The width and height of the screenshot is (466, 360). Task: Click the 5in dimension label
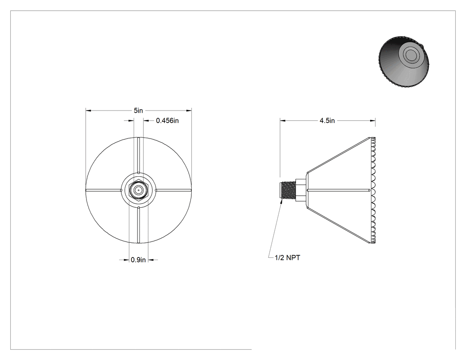click(138, 111)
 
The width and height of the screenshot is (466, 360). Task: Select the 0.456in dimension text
click(167, 120)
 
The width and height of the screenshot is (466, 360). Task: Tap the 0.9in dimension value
click(138, 260)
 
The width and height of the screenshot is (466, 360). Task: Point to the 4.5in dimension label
click(327, 120)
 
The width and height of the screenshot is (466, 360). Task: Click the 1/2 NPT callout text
click(288, 258)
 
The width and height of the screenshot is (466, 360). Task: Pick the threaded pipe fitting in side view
click(288, 190)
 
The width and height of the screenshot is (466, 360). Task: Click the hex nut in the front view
click(138, 190)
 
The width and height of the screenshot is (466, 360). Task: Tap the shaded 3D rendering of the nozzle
click(404, 62)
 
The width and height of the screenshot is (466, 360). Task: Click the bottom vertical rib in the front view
click(138, 225)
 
